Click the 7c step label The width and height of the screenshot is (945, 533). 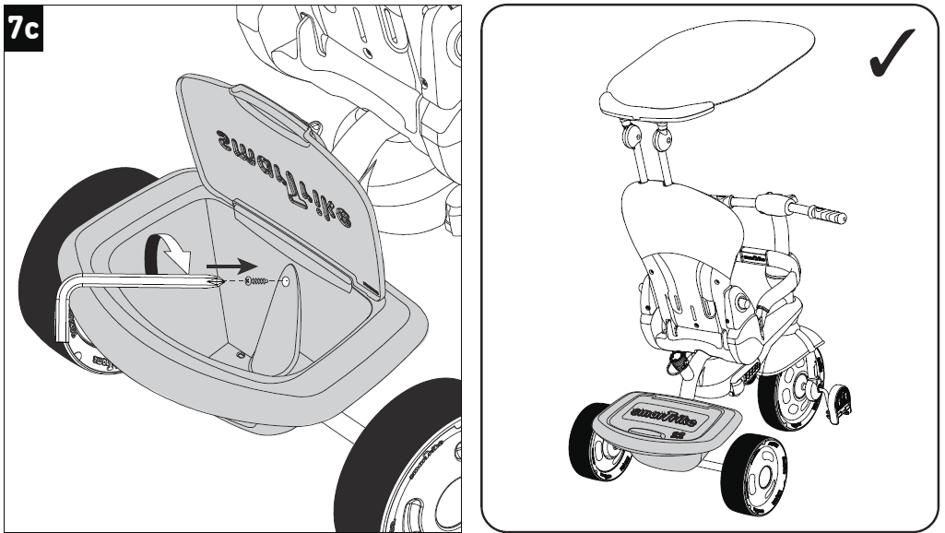pyautogui.click(x=22, y=29)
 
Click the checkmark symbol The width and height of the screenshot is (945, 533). pyautogui.click(x=892, y=53)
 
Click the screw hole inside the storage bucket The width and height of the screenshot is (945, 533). pyautogui.click(x=287, y=280)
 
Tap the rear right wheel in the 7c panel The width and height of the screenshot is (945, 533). pyautogui.click(x=406, y=461)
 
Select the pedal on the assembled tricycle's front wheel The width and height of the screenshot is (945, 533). pyautogui.click(x=840, y=401)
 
